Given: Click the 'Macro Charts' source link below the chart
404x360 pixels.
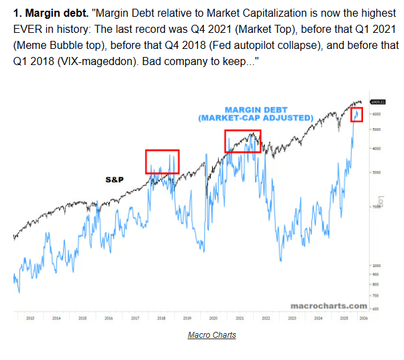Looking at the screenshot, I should [x=212, y=335].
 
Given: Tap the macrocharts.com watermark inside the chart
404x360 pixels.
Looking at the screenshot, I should [x=328, y=306].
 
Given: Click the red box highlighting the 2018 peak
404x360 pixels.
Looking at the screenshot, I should [x=162, y=162].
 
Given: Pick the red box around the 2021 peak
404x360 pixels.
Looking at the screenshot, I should [x=242, y=141].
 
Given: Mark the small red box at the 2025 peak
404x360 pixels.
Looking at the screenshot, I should [x=358, y=114].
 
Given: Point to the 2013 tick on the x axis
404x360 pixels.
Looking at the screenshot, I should [x=30, y=318].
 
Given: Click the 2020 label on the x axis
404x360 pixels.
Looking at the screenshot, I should [x=213, y=318].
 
